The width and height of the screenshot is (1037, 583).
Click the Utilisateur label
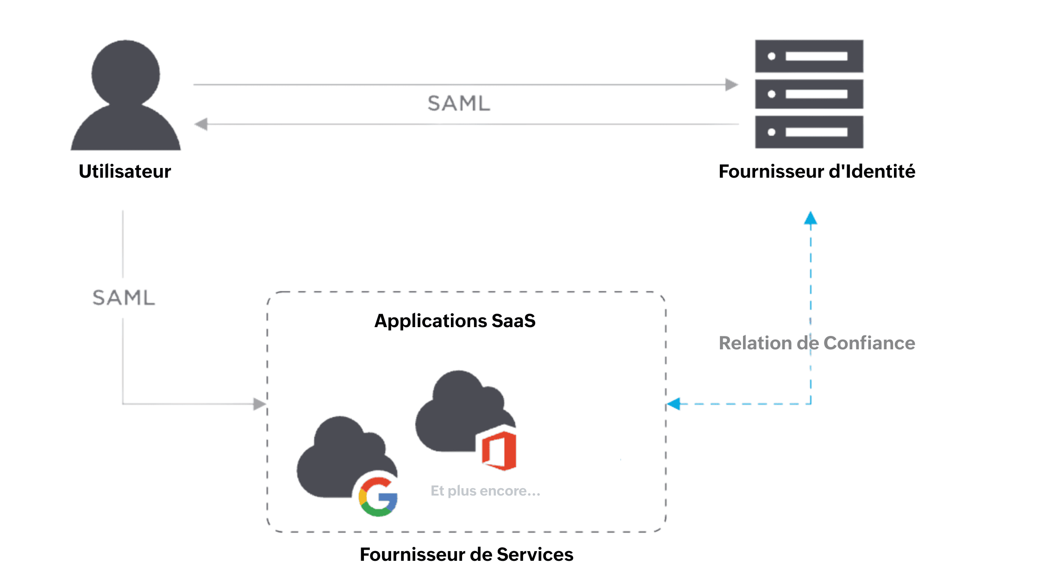(125, 171)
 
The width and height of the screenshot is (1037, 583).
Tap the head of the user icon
(125, 73)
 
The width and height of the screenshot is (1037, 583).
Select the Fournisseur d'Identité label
(817, 171)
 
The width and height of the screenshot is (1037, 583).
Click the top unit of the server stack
(809, 56)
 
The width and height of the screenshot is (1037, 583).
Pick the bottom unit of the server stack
(809, 132)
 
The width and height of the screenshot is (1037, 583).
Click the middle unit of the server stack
(809, 94)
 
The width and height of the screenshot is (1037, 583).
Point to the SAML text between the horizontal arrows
(458, 103)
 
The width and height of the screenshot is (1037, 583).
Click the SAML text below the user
(124, 298)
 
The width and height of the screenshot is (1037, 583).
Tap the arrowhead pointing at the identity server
(731, 85)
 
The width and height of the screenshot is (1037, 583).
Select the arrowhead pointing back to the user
(201, 124)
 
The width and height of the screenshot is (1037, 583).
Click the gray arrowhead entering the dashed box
(259, 404)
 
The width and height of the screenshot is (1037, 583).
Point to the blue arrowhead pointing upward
(810, 218)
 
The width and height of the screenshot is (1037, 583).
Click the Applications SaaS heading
(455, 321)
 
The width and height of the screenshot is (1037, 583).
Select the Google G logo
(378, 497)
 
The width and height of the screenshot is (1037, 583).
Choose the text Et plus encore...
(485, 490)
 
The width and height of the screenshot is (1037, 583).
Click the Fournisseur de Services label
(466, 554)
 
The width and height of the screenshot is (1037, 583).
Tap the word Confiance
(869, 343)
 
